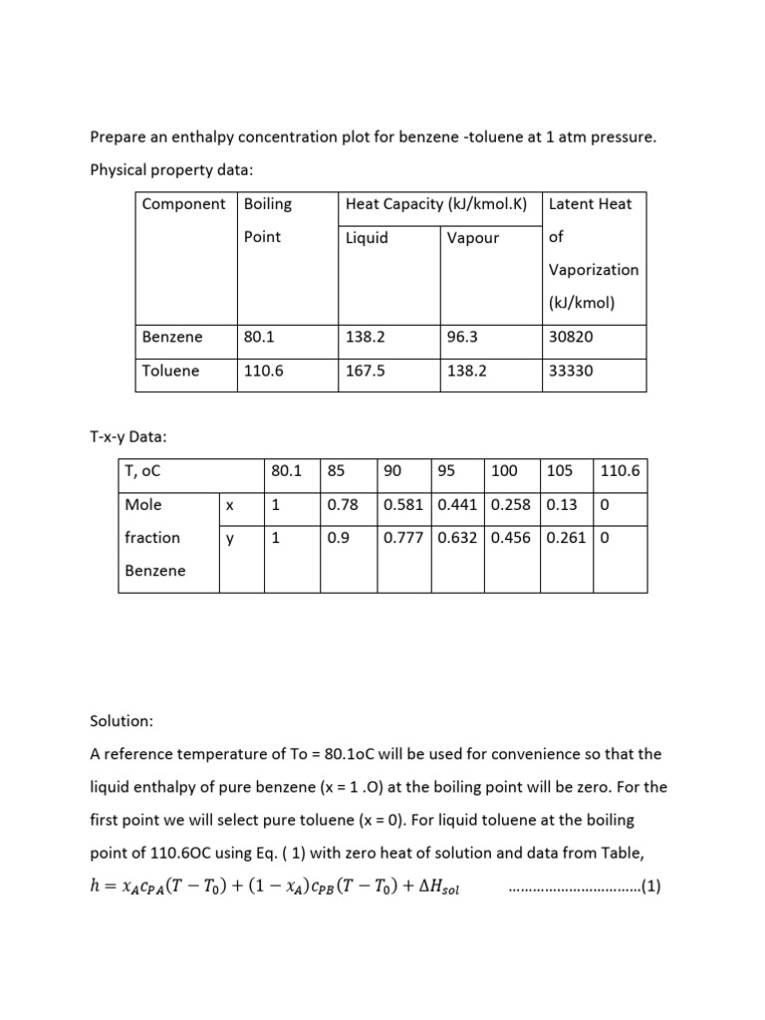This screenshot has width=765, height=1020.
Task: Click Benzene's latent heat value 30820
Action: [571, 337]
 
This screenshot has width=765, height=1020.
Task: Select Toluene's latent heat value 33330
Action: [571, 371]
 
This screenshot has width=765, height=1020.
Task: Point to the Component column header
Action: [184, 204]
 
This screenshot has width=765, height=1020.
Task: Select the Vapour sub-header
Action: [473, 238]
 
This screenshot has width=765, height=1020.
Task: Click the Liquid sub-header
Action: [367, 238]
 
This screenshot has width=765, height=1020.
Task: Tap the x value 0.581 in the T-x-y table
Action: [403, 505]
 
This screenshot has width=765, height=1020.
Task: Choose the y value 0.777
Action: [403, 538]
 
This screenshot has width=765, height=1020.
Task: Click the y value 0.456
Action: [511, 538]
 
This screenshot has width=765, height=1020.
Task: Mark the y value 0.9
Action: [338, 538]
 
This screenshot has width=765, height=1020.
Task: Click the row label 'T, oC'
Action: [143, 471]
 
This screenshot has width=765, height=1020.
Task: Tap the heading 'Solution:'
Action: [122, 718]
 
